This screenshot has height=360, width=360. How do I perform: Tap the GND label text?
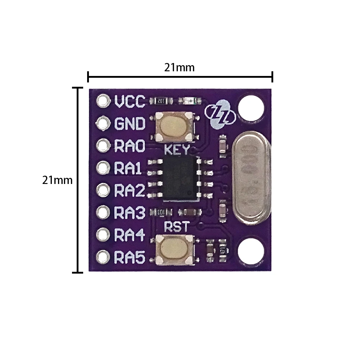[130, 124]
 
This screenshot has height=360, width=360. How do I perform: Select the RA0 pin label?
[130, 146]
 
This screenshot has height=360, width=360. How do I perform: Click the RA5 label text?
[130, 257]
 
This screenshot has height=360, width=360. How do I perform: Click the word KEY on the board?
[176, 150]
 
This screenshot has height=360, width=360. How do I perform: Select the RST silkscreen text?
[176, 227]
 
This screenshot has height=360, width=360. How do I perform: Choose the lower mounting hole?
[251, 250]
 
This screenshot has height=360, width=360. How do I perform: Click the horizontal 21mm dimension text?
[179, 67]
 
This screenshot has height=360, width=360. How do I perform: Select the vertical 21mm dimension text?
[57, 180]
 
